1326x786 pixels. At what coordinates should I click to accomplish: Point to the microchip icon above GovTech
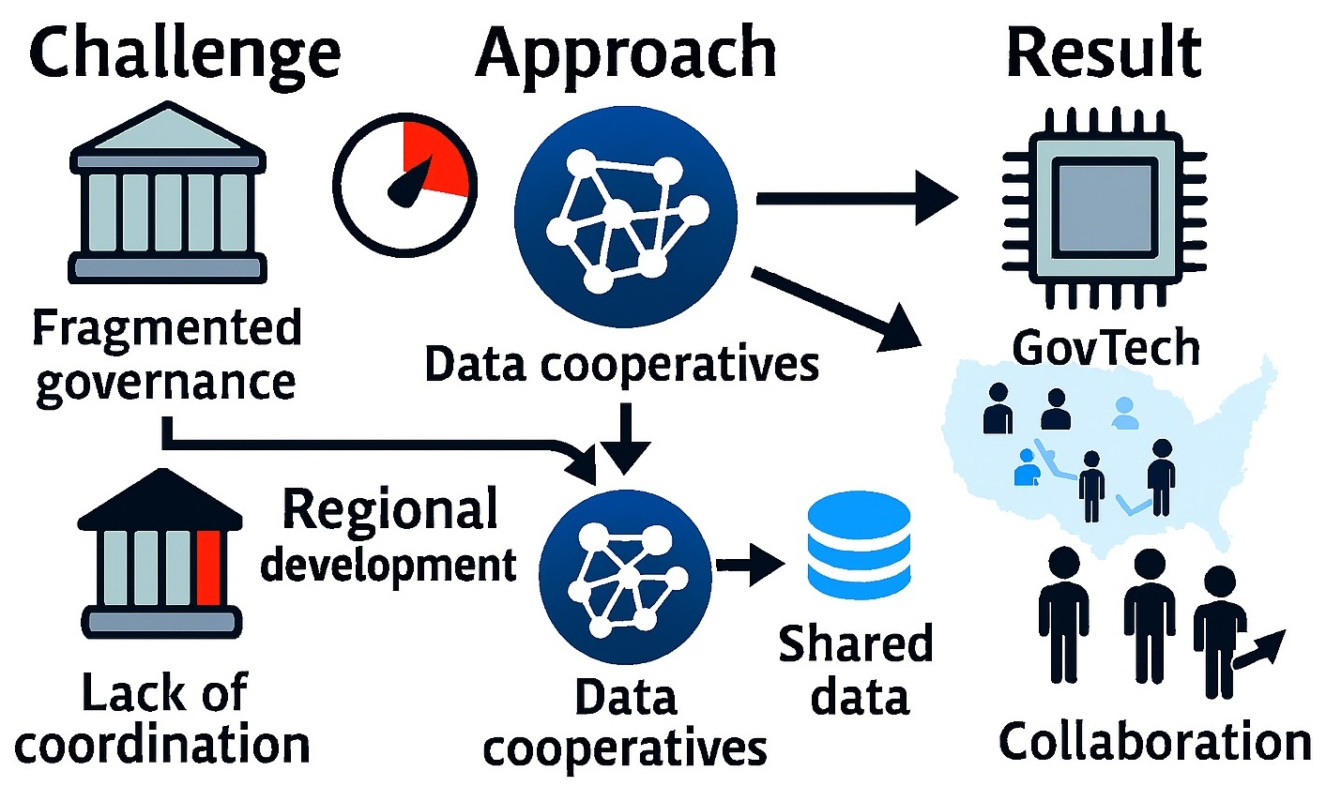point(1104,200)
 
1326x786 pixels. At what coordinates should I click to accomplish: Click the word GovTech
point(1105,349)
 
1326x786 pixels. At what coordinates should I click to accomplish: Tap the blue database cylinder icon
point(859,547)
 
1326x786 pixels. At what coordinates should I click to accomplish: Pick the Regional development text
point(389,537)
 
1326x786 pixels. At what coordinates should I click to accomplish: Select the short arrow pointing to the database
point(751,565)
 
